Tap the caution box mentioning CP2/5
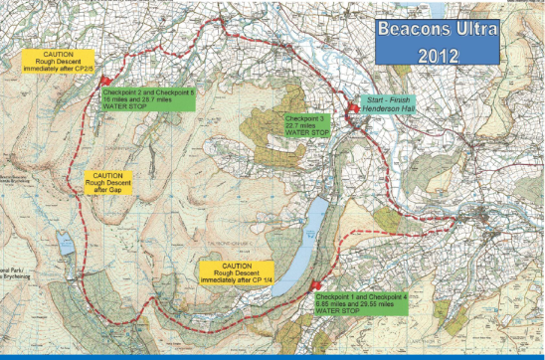pyautogui.click(x=49, y=62)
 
